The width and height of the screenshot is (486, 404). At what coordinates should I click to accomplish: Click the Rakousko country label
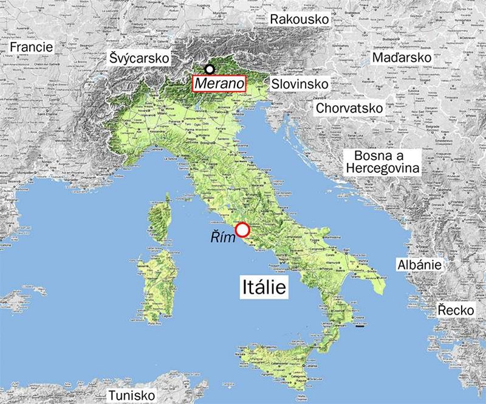pos(299,20)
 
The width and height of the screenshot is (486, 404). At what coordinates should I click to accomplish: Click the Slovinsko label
pos(300,83)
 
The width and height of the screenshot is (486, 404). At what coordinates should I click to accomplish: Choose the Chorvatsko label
pos(349,108)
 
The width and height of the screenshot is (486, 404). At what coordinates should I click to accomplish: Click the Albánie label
pos(419,265)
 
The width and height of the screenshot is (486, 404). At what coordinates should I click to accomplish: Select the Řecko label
pos(456,311)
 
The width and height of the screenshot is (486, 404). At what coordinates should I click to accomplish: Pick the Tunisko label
pos(131,395)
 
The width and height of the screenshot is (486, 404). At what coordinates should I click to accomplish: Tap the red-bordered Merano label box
pos(218,83)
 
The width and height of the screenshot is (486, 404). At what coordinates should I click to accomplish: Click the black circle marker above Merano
pos(210,69)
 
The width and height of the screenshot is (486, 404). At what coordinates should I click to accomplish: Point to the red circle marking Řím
pos(242,229)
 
